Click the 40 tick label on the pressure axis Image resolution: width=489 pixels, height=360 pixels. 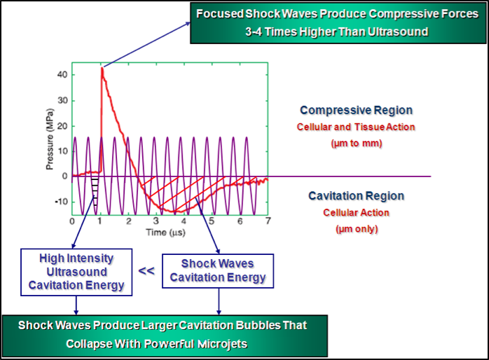(62, 75)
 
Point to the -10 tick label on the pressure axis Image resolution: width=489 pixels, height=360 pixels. (61, 202)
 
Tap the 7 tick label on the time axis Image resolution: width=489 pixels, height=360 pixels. (268, 221)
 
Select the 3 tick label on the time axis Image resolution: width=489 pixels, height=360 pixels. (156, 221)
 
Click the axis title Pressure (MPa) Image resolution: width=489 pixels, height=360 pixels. (50, 139)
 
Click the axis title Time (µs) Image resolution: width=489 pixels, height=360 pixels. (165, 233)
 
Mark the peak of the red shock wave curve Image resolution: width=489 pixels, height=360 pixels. (102, 67)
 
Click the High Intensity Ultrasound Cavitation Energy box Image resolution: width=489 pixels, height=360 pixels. (76, 272)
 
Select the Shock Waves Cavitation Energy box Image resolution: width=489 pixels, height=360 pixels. (218, 271)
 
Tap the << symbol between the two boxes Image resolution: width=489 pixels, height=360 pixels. (146, 270)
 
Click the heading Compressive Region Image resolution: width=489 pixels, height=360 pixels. (356, 111)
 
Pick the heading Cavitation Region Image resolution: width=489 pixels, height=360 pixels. (356, 196)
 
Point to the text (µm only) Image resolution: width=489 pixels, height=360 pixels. (357, 229)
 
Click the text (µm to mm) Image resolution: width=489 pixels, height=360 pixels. (357, 144)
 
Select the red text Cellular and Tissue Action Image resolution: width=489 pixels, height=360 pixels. (356, 127)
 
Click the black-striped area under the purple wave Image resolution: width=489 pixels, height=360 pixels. (95, 191)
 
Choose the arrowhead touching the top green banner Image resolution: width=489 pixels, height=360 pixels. (188, 23)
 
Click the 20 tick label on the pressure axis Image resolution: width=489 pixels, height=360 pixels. (62, 126)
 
